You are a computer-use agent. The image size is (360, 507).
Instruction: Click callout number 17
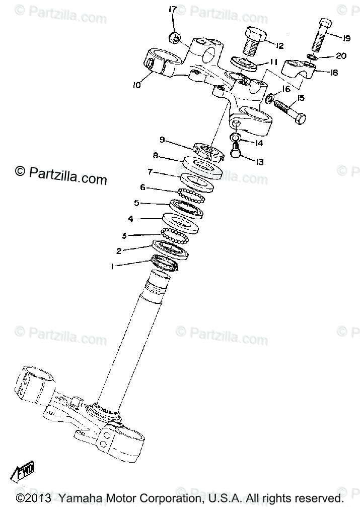(173, 9)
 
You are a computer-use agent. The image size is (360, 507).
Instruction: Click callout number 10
(136, 85)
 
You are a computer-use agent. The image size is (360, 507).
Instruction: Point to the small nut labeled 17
(176, 37)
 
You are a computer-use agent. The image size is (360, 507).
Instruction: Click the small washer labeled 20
(312, 56)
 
